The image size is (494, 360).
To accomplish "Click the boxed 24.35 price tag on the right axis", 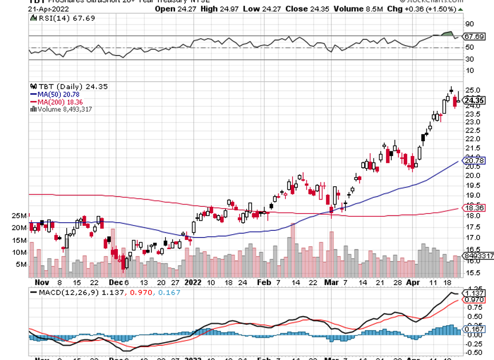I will coord(475,101).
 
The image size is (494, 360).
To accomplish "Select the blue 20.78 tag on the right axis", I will coord(475,161).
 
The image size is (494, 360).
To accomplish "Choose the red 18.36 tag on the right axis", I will coord(475,209).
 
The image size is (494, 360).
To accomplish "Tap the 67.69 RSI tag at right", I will coord(475,36).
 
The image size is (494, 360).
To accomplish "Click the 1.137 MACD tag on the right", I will coord(475,293).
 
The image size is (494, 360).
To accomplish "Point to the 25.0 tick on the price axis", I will coord(472,90).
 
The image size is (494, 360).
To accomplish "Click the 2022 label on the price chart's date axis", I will coord(193,282).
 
